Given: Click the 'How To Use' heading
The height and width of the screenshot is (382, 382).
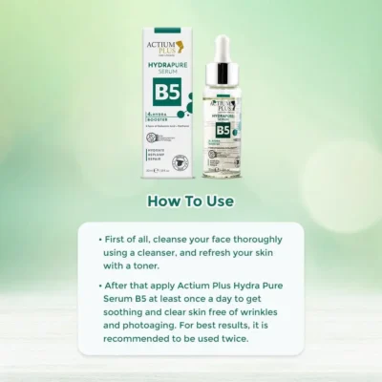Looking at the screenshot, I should pos(190,202).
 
